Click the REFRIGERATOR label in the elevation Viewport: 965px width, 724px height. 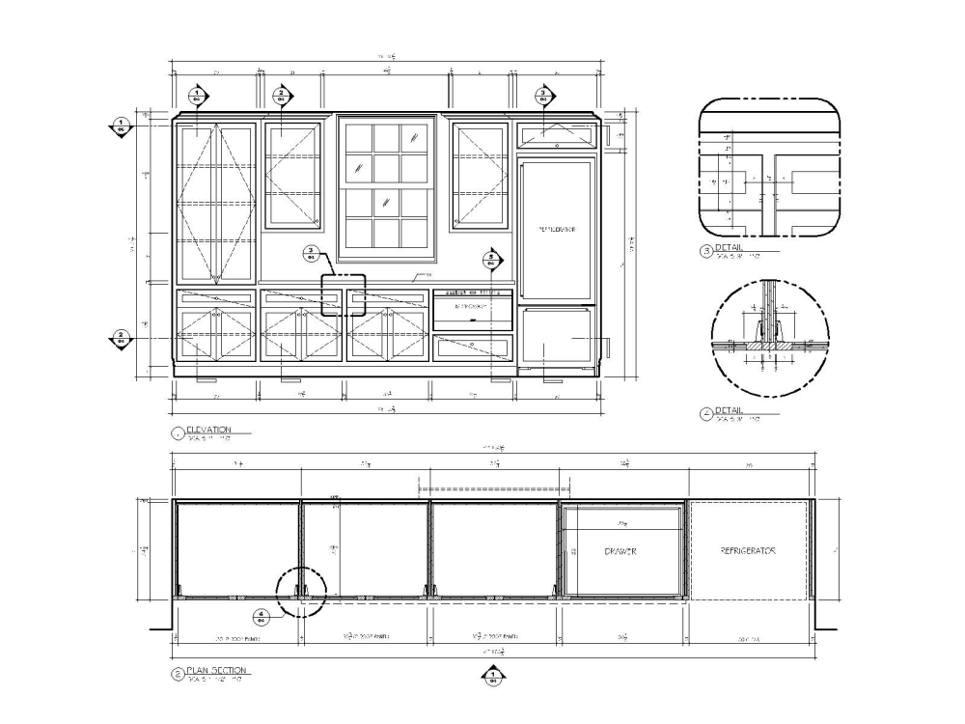[557, 230]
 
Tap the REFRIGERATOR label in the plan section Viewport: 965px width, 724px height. [748, 551]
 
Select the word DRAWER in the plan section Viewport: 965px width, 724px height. [621, 551]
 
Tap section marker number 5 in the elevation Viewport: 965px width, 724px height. [490, 259]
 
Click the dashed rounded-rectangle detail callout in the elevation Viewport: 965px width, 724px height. [344, 294]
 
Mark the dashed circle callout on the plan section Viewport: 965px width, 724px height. [302, 591]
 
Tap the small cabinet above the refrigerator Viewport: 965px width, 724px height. [556, 135]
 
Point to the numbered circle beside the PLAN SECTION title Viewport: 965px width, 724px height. [177, 674]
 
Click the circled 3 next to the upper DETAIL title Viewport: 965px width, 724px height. [705, 252]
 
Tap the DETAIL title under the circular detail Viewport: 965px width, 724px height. [729, 410]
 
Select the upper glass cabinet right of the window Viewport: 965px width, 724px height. [479, 176]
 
